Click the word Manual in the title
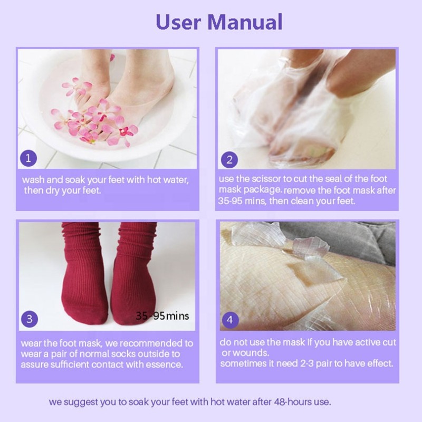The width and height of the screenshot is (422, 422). (245, 22)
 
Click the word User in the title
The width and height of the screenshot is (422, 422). (178, 22)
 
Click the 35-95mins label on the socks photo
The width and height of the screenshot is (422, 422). (162, 316)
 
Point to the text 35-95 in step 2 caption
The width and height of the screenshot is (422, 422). (231, 201)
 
